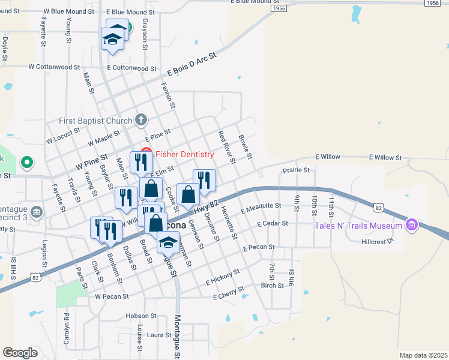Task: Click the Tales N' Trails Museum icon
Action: pos(411,226)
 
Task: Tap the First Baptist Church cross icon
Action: pos(141,119)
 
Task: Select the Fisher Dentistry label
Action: pos(184,154)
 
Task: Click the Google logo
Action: pos(20,352)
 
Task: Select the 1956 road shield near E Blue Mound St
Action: pos(278,9)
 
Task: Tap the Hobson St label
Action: pos(141,316)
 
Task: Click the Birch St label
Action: pos(273,286)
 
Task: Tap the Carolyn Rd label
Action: pos(67,326)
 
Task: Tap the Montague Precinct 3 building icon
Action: pos(37,211)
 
